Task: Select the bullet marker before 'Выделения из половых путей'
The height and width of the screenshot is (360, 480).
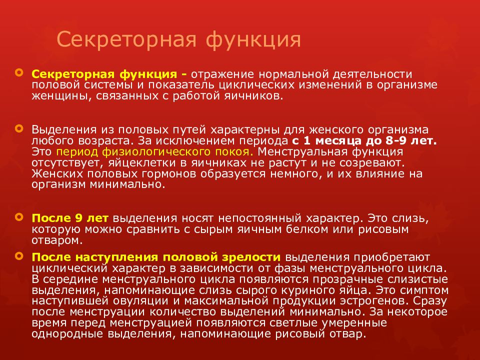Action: pyautogui.click(x=19, y=127)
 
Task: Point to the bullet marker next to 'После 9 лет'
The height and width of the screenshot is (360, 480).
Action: pyautogui.click(x=19, y=217)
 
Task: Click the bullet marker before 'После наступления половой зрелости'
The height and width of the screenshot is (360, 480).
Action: pyautogui.click(x=19, y=255)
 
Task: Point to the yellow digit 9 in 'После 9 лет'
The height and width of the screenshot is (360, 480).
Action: pyautogui.click(x=78, y=218)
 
